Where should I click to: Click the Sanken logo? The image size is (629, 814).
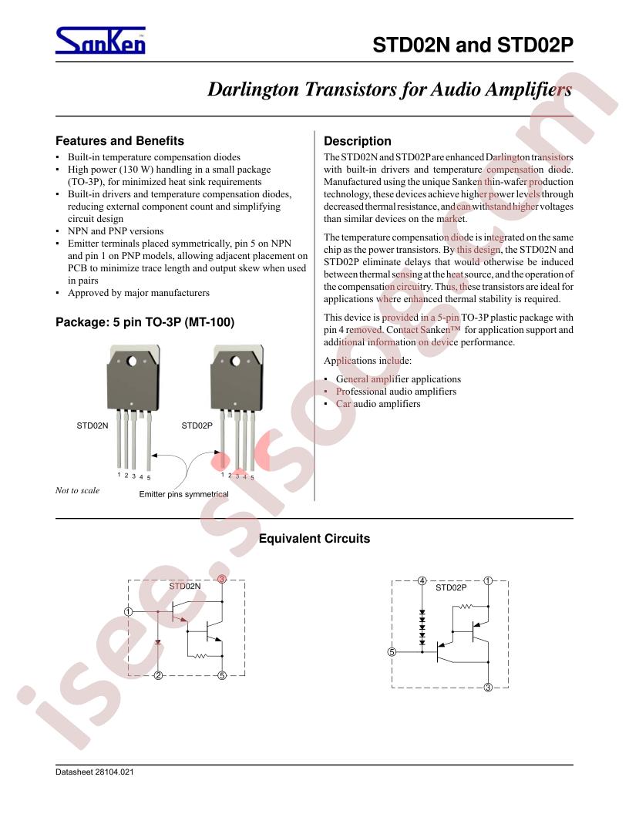(x=100, y=41)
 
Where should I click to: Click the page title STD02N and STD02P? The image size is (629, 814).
(x=473, y=45)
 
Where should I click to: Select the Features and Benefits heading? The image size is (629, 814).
(x=120, y=141)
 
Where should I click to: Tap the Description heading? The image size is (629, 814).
(x=358, y=141)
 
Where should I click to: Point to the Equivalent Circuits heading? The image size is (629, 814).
(x=314, y=538)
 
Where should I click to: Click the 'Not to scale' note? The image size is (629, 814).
(x=77, y=490)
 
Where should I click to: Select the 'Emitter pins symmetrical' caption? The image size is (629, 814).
(x=183, y=494)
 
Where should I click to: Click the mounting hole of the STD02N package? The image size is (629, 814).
(x=132, y=361)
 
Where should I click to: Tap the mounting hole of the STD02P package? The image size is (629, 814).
(x=236, y=361)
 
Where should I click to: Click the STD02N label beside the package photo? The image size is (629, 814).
(x=92, y=425)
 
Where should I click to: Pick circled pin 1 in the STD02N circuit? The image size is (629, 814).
(x=129, y=611)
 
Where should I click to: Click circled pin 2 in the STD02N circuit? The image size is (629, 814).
(x=158, y=675)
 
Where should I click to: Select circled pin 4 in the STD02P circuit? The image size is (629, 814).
(x=422, y=581)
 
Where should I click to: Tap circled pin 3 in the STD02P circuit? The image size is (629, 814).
(x=488, y=688)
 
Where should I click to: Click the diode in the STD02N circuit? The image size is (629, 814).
(x=158, y=642)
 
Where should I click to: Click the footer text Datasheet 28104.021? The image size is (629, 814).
(x=95, y=772)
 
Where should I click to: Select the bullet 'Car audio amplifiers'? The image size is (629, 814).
(x=378, y=403)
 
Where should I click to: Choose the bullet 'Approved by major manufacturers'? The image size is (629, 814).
(x=139, y=293)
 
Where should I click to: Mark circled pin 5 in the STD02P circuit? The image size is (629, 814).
(x=392, y=652)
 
